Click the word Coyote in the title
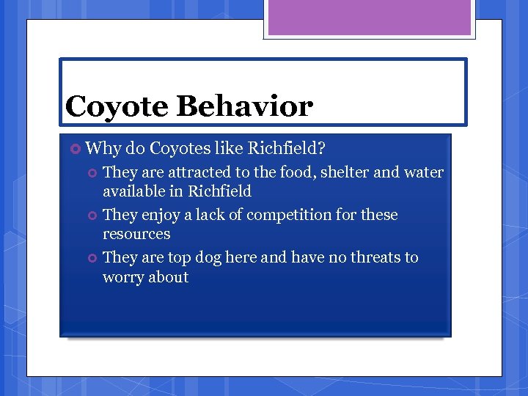click(x=117, y=107)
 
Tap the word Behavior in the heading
click(x=244, y=106)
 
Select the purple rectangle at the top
click(x=369, y=18)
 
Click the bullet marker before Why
click(x=75, y=149)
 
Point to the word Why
click(x=103, y=149)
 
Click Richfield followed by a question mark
click(x=287, y=148)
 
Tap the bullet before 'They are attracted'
click(x=92, y=173)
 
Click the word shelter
click(x=345, y=172)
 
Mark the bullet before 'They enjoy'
click(x=92, y=216)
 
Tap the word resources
click(x=136, y=234)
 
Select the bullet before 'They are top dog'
click(x=92, y=258)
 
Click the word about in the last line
click(x=169, y=277)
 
